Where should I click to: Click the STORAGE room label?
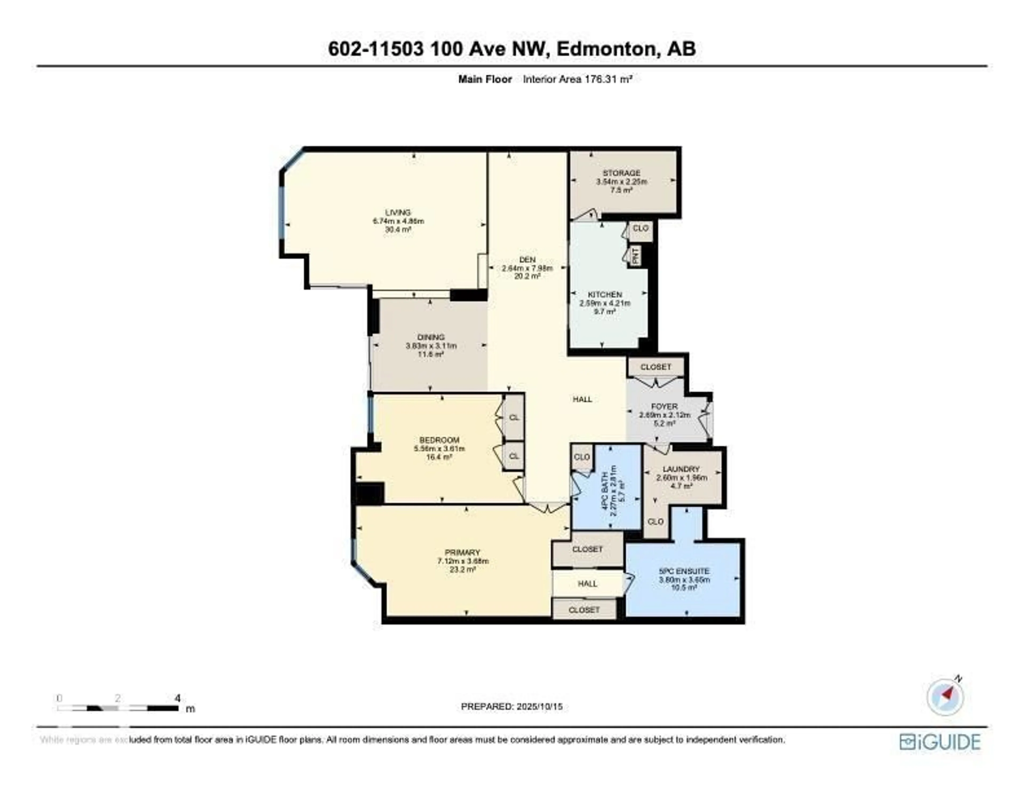click(x=621, y=173)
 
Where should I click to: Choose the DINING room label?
click(x=431, y=337)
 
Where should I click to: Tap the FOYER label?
click(x=664, y=406)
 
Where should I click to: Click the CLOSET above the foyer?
click(x=655, y=367)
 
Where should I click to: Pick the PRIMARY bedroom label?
click(x=463, y=552)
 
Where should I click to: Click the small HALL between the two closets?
click(x=587, y=584)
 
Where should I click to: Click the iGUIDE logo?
click(x=940, y=742)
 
